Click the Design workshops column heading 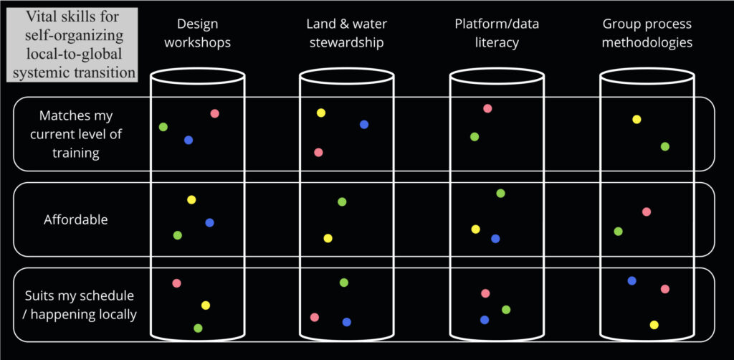(x=197, y=33)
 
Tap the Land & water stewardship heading (x=345, y=33)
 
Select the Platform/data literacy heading (x=497, y=33)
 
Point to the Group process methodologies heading (x=647, y=33)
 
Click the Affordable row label (x=75, y=219)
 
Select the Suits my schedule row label (x=80, y=305)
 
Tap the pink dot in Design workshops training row (x=214, y=113)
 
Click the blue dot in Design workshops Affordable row (x=209, y=223)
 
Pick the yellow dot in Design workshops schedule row (x=206, y=305)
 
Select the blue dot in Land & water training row (x=364, y=124)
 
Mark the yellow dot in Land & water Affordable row (x=328, y=238)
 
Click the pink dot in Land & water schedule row (x=314, y=317)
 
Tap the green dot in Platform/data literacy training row (x=475, y=136)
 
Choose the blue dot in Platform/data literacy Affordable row (x=495, y=239)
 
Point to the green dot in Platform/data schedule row (x=506, y=310)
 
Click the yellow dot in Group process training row (x=637, y=119)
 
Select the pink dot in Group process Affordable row (x=647, y=212)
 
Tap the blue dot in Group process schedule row (x=631, y=280)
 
